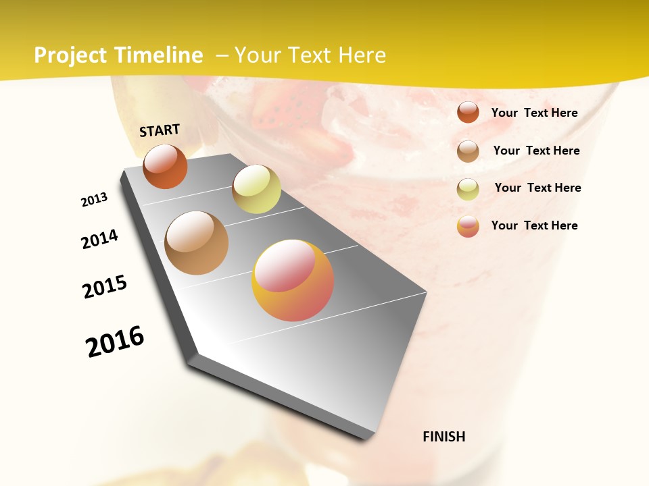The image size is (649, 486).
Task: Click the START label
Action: point(160,130)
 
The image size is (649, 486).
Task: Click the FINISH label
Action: point(444,437)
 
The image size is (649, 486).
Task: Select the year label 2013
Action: point(94,200)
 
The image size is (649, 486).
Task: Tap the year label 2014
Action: point(99,239)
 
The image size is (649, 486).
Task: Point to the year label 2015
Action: point(105,287)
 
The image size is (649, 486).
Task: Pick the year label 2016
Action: point(115,341)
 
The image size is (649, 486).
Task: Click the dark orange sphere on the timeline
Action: point(165,166)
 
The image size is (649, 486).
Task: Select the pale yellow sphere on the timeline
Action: point(256,189)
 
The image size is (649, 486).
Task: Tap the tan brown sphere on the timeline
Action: point(196,243)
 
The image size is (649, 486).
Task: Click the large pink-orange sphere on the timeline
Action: point(293,280)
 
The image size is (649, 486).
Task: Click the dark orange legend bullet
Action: point(468,113)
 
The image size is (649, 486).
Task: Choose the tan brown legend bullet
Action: point(468,151)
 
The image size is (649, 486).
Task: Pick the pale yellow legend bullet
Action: point(468,188)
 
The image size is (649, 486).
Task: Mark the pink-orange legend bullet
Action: point(468,226)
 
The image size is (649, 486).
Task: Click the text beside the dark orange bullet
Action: point(534,113)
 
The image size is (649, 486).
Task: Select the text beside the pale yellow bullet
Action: point(537,188)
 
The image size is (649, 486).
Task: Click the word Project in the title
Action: point(70,55)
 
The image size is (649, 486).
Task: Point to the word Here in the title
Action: point(362,55)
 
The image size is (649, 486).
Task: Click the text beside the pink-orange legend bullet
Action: point(534,225)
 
